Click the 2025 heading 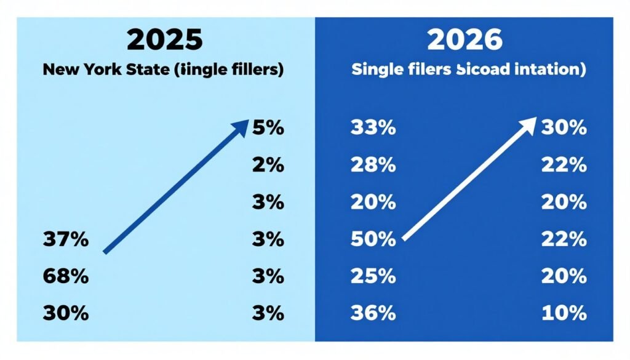(x=164, y=39)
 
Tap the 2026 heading (x=465, y=39)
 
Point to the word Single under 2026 (x=373, y=69)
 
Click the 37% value (x=66, y=239)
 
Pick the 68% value (x=66, y=276)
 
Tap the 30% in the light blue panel (x=66, y=313)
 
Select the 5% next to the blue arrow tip (x=268, y=128)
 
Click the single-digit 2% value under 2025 (x=268, y=165)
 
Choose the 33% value (x=373, y=128)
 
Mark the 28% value (x=373, y=165)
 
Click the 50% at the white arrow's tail (x=373, y=239)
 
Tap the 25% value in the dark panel (x=373, y=276)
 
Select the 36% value (x=373, y=313)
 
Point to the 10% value (x=564, y=313)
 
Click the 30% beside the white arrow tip (x=564, y=128)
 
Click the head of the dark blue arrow (x=241, y=126)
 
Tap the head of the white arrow (x=528, y=124)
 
